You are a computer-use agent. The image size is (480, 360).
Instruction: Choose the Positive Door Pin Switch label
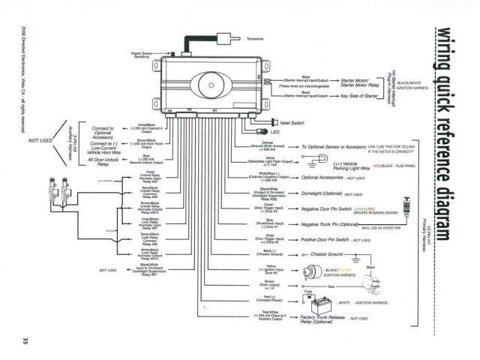coord(327,240)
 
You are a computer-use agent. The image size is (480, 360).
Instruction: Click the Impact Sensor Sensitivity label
coord(147,55)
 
